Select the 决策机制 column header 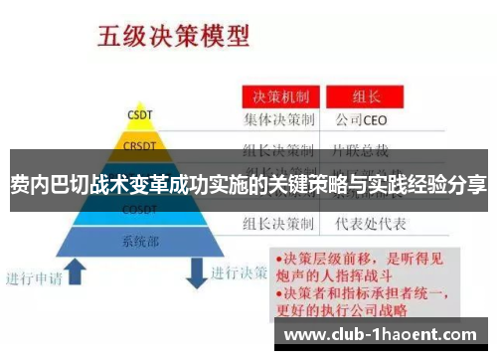(279, 97)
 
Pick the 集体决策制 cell (279, 120)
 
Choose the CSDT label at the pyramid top (139, 114)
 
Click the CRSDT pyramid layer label (139, 147)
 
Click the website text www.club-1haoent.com (387, 334)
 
